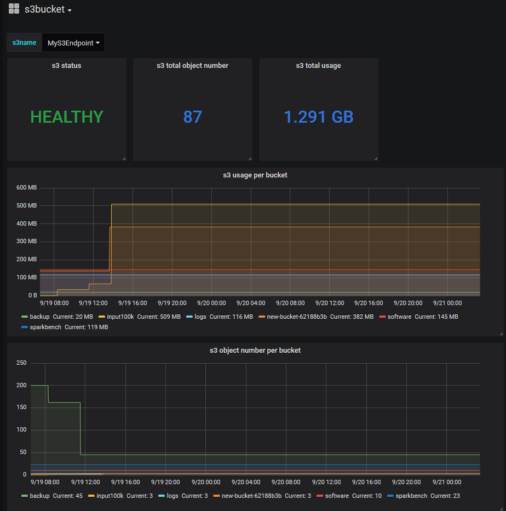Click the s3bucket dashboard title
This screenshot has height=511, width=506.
point(44,9)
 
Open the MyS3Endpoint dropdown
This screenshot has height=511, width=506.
point(73,43)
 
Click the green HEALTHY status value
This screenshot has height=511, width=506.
point(67,117)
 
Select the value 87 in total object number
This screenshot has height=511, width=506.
point(192,117)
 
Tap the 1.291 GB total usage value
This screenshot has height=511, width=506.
point(318,117)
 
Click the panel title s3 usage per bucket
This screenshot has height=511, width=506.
point(255,175)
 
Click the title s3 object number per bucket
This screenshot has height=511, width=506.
point(255,350)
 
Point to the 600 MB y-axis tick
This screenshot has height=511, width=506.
point(26,188)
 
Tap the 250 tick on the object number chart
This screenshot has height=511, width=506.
point(21,363)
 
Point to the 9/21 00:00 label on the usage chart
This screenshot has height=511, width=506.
point(447,302)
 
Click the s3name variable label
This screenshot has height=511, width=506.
point(24,43)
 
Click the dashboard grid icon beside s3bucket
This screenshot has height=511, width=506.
point(14,9)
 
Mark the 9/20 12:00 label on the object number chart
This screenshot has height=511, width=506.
point(326,482)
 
